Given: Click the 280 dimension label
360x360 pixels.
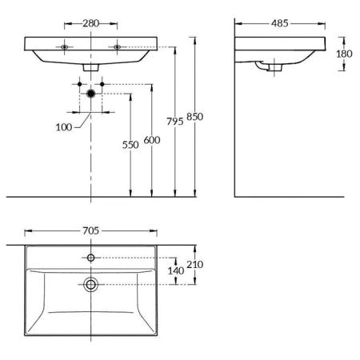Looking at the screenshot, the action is click(90, 23).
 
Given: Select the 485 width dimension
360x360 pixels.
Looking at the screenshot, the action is click(280, 23).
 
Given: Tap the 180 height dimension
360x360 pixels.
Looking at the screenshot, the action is click(344, 54).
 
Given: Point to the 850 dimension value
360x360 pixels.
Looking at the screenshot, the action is click(194, 117).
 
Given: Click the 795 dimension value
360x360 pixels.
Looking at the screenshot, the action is click(175, 122).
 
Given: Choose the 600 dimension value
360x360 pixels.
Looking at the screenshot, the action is click(152, 140).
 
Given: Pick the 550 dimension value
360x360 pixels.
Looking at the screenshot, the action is click(130, 145).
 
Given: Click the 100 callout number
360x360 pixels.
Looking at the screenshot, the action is click(64, 127).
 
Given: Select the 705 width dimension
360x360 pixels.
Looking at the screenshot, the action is click(90, 231).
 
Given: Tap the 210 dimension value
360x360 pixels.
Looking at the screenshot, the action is click(194, 265).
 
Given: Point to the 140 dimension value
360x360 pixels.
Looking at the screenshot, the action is click(176, 271).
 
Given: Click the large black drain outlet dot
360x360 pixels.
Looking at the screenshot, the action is click(91, 94).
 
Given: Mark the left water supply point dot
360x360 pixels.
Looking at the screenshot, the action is click(79, 84).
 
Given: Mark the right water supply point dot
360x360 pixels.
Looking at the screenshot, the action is click(102, 84).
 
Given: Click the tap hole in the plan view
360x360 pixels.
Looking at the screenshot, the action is click(91, 258).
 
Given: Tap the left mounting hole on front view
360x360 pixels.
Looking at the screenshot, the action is click(64, 47).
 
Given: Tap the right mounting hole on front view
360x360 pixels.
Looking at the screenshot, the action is click(117, 47).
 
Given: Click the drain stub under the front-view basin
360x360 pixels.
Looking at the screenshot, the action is click(91, 68).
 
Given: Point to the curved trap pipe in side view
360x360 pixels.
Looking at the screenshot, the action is click(259, 66).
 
